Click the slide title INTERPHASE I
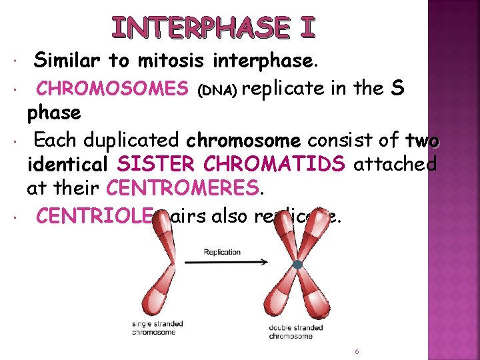[x=213, y=27]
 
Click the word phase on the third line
[x=54, y=113]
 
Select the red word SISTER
[x=149, y=165]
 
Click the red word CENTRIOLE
[x=95, y=216]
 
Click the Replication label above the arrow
[x=222, y=252]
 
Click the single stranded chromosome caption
[x=157, y=328]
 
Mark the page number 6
[x=357, y=351]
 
